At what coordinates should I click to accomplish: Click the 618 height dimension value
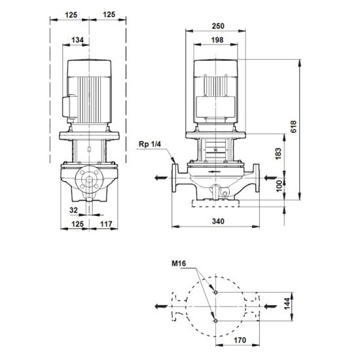294,126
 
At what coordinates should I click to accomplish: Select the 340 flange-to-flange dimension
218,221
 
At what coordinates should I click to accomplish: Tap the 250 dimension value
218,26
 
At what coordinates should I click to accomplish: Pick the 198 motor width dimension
217,40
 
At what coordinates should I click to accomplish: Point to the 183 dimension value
278,154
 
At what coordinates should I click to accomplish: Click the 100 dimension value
279,186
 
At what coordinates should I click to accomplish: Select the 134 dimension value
77,40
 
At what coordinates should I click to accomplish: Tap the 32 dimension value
74,210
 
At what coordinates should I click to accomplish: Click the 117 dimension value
106,224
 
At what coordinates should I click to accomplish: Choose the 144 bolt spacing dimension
287,303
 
